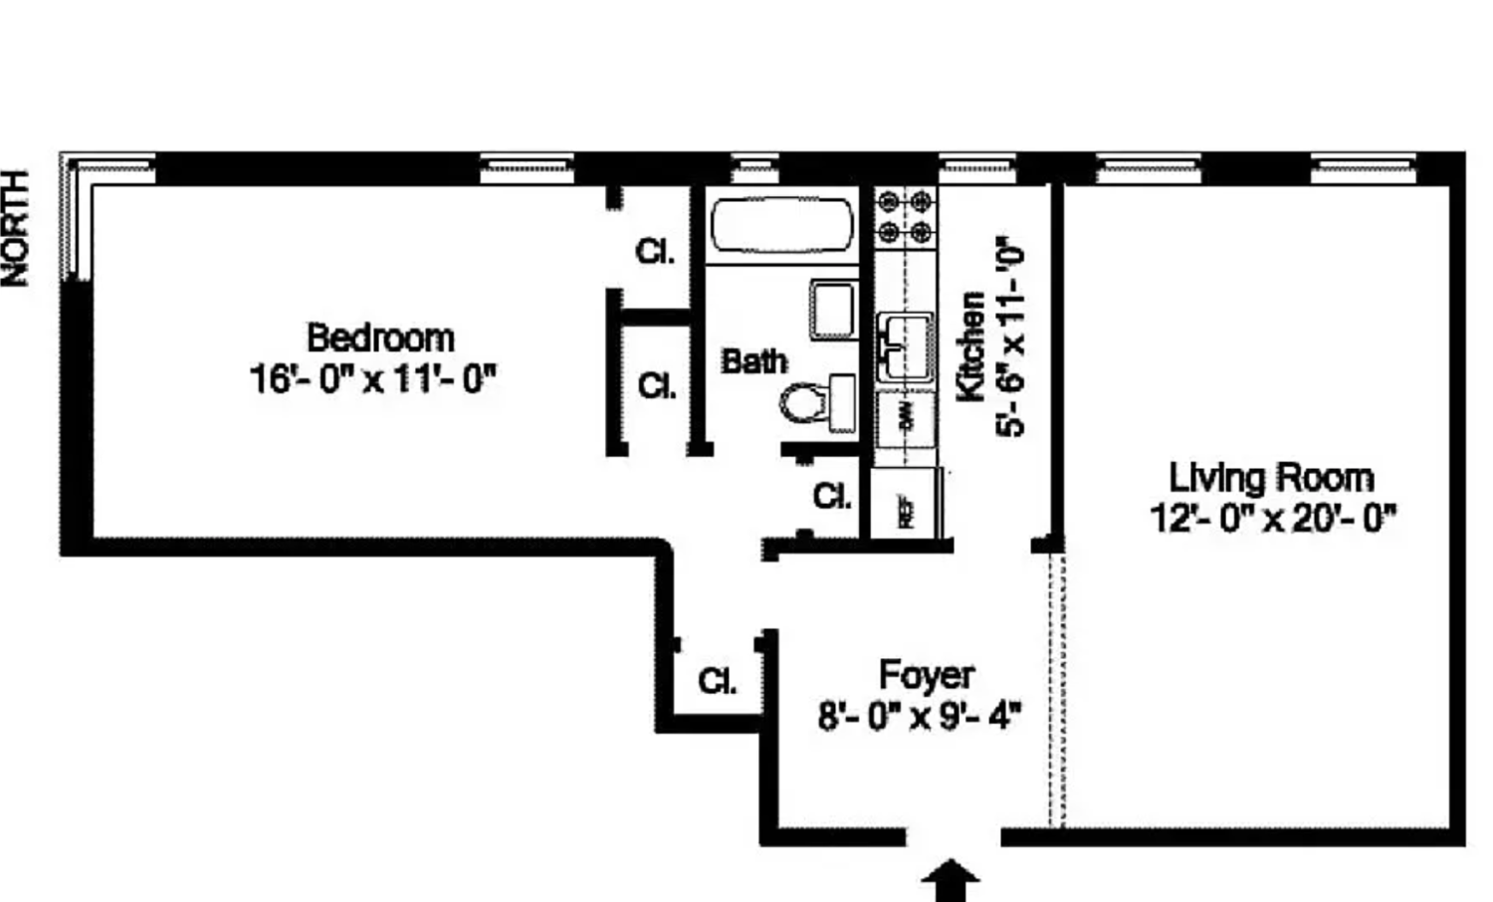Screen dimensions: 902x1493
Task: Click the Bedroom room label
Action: click(x=380, y=338)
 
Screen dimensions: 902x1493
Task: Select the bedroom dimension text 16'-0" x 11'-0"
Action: click(x=372, y=379)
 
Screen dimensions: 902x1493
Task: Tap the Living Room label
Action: click(x=1271, y=478)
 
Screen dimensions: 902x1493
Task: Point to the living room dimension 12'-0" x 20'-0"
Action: click(x=1273, y=519)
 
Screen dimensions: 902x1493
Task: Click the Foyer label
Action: click(x=926, y=675)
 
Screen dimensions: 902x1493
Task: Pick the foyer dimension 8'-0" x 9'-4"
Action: click(x=920, y=716)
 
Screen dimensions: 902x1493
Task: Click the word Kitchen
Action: click(x=970, y=345)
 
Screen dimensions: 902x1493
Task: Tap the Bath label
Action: click(x=753, y=361)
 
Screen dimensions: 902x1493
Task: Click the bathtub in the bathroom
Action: click(x=782, y=226)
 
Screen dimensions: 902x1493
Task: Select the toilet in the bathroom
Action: click(x=816, y=403)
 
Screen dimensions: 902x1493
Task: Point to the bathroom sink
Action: click(x=832, y=310)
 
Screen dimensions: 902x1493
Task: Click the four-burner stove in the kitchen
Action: click(x=906, y=217)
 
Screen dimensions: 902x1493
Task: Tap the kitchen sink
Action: click(x=905, y=345)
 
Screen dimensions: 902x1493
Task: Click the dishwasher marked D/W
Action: click(x=906, y=418)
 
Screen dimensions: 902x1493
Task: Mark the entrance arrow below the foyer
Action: click(x=952, y=881)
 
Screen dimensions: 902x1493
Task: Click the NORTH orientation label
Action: click(x=17, y=228)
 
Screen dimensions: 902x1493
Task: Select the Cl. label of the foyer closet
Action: click(x=718, y=682)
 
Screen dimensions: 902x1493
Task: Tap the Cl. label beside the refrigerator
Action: click(x=832, y=496)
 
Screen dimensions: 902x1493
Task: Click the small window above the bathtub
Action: click(x=756, y=169)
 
